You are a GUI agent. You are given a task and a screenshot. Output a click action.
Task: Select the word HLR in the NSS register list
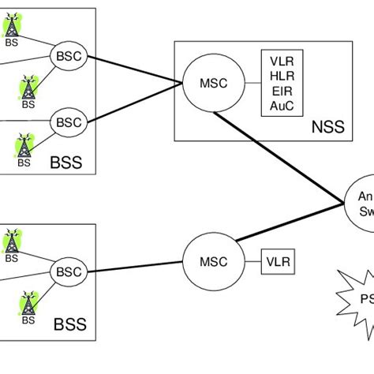(x=280, y=76)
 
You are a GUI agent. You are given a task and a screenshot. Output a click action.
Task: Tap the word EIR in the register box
(x=280, y=91)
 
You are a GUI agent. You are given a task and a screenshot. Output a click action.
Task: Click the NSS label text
(x=326, y=126)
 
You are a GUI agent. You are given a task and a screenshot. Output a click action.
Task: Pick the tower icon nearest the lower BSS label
(x=28, y=304)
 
